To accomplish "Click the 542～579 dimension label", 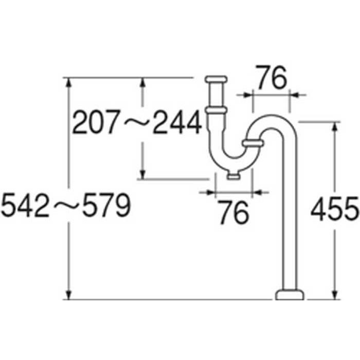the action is [66, 205].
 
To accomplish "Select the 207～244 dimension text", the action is [137, 122].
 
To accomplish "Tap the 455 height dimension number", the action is [335, 208].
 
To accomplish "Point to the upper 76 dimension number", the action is [272, 77].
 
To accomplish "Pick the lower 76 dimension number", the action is [233, 212].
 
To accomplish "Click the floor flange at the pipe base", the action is [290, 295].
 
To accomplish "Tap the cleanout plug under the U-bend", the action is [233, 175].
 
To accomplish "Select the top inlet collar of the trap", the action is [216, 79].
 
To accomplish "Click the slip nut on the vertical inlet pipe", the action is [217, 111].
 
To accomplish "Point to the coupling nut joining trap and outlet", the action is [253, 143].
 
